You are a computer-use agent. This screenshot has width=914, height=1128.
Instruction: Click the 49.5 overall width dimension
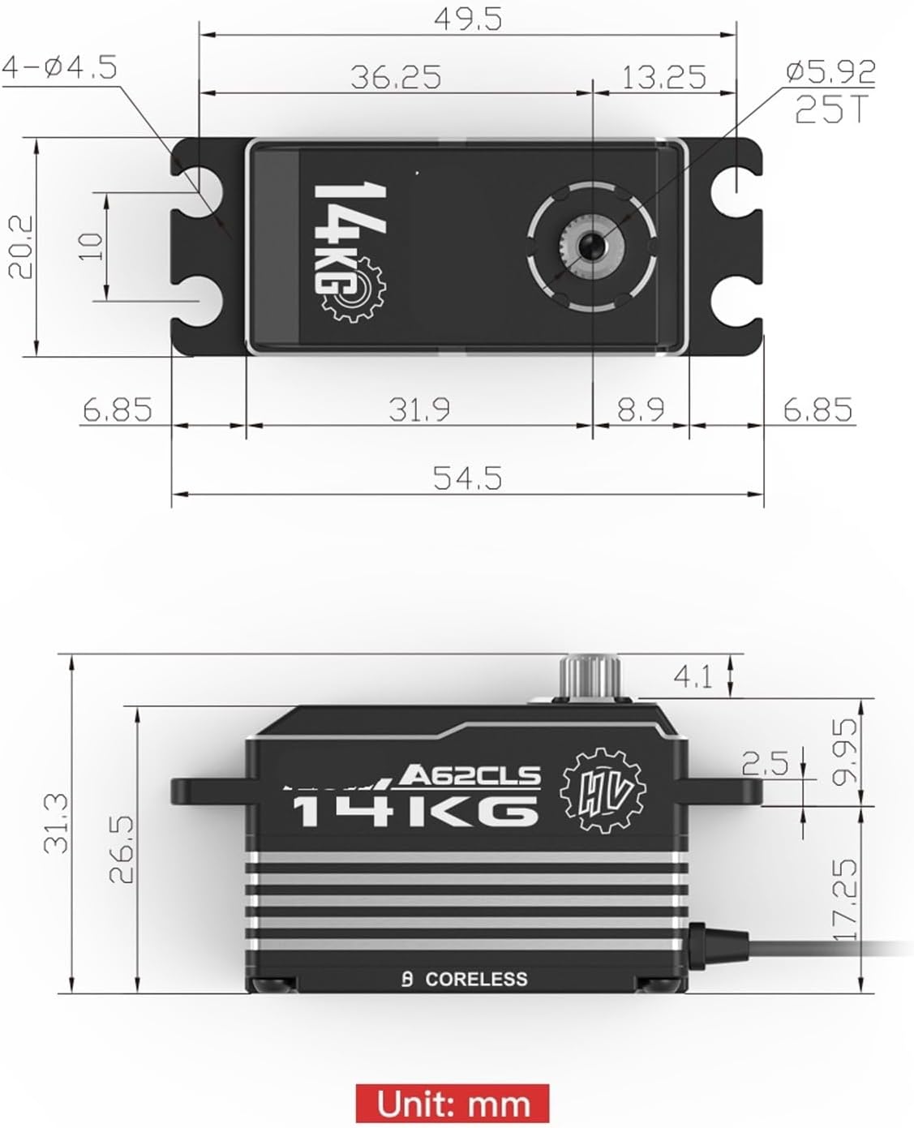coord(468,19)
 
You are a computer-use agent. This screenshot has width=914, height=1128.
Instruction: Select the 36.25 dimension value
coord(396,77)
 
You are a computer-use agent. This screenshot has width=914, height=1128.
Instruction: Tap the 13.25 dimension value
coord(663,77)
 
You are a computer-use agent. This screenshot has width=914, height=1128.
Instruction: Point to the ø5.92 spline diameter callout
coord(830,72)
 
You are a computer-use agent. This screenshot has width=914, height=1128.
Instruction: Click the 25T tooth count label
coord(831,109)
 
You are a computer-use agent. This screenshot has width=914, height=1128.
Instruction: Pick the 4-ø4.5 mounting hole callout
coord(60,66)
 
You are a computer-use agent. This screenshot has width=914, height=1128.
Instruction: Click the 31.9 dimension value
coord(418,410)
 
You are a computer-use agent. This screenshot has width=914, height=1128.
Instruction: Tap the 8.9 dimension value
coord(641,410)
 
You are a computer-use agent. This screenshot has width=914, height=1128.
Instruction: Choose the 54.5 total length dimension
coord(467,478)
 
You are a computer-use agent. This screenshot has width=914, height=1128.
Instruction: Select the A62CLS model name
coord(470,776)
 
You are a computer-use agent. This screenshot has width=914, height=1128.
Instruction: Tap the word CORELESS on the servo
coord(476,980)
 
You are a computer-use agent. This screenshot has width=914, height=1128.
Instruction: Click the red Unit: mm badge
coord(453,1104)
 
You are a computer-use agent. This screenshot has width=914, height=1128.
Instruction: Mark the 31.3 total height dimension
coord(56,823)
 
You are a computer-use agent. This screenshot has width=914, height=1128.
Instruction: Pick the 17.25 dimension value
coord(844,899)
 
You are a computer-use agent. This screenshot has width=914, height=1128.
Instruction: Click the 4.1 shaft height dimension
coord(693,676)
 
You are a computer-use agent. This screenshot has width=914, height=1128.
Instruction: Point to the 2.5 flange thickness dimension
coord(765,762)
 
